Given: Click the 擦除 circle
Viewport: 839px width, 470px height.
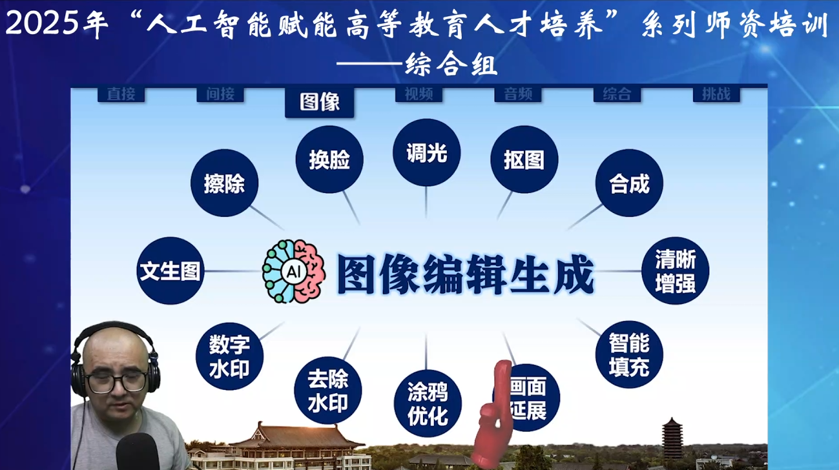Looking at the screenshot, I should (x=224, y=183).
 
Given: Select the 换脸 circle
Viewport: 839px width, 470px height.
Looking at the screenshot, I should (x=329, y=159).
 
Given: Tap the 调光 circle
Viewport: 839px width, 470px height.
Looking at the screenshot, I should (x=426, y=153).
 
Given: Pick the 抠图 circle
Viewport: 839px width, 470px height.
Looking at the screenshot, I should (x=524, y=159).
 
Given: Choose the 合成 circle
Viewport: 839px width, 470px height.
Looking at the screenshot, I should (x=628, y=183).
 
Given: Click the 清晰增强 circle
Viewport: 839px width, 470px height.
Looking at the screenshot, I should (x=675, y=271).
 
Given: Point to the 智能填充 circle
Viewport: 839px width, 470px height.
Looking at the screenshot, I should (x=628, y=354).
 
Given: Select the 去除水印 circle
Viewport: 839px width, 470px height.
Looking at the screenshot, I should (x=327, y=391).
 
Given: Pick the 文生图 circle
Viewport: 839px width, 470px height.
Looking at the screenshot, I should (x=171, y=271).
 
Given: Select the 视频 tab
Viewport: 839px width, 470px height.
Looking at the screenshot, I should (x=419, y=94).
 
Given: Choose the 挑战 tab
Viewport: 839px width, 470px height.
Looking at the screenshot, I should (x=716, y=94).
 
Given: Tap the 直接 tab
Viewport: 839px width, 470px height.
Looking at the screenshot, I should (x=121, y=94).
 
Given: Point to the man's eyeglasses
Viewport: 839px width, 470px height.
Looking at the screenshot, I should (x=117, y=381).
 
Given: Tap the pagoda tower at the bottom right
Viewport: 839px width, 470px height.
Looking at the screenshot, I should (x=672, y=438).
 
